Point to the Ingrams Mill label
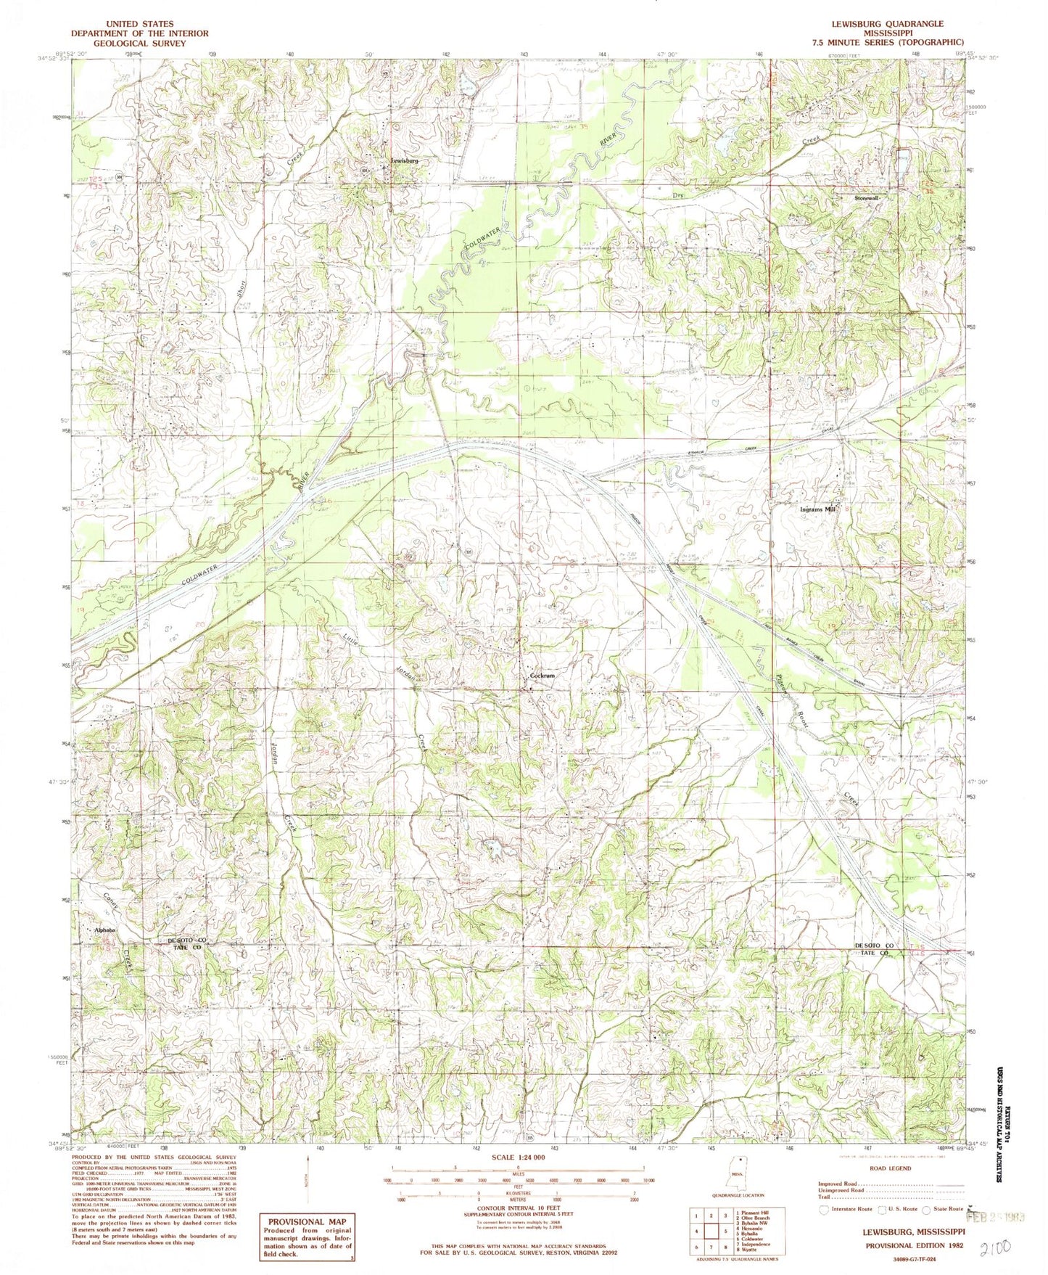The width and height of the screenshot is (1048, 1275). click(817, 509)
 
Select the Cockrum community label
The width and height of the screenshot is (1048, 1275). click(542, 676)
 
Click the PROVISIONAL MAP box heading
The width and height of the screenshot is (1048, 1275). click(307, 1221)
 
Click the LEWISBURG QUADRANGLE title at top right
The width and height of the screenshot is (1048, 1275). click(896, 24)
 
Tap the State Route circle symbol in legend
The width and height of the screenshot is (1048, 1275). click(926, 1210)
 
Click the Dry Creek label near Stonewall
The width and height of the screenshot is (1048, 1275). click(679, 194)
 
